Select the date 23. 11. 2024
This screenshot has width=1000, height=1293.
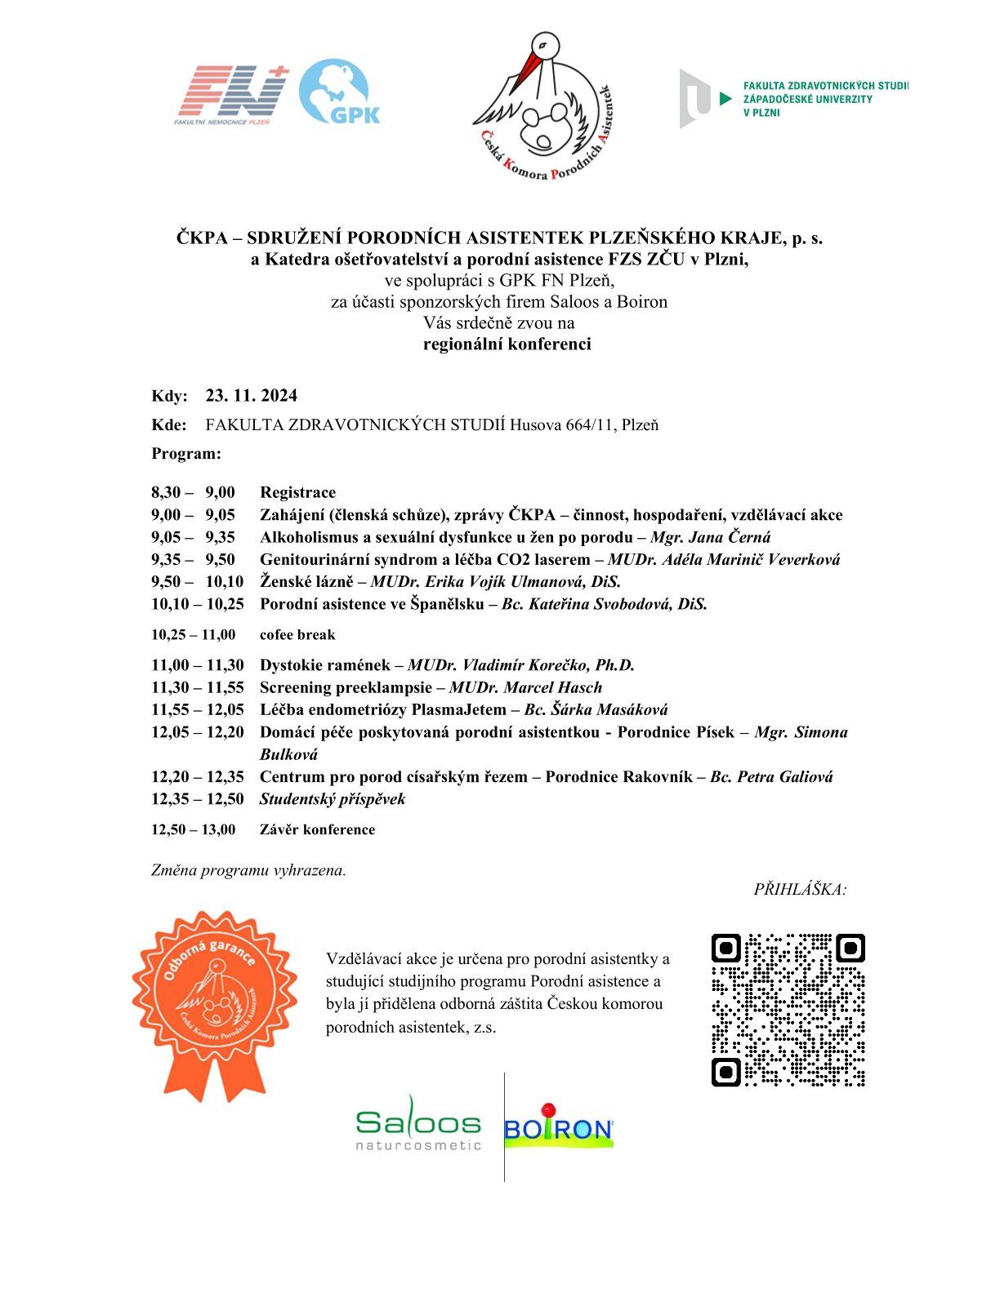coord(252,396)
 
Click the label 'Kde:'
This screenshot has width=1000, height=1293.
coord(168,425)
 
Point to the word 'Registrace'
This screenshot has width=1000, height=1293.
coord(297,492)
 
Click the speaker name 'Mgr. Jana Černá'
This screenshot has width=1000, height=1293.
coord(710,537)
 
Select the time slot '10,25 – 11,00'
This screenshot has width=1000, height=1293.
coord(193,635)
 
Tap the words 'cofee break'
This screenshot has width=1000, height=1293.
coord(297,635)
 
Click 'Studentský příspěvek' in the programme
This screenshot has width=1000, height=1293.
coord(333,799)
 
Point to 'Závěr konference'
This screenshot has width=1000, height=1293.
coord(317,829)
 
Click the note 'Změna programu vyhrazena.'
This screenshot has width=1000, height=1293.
coord(248,870)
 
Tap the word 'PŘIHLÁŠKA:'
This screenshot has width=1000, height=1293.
coord(800,890)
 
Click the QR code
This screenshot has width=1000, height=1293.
coord(788,1010)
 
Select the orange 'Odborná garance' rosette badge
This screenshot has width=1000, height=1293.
coord(215,1004)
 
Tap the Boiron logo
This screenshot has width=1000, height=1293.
coord(559,1128)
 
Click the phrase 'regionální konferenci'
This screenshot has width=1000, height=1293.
coord(507,344)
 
